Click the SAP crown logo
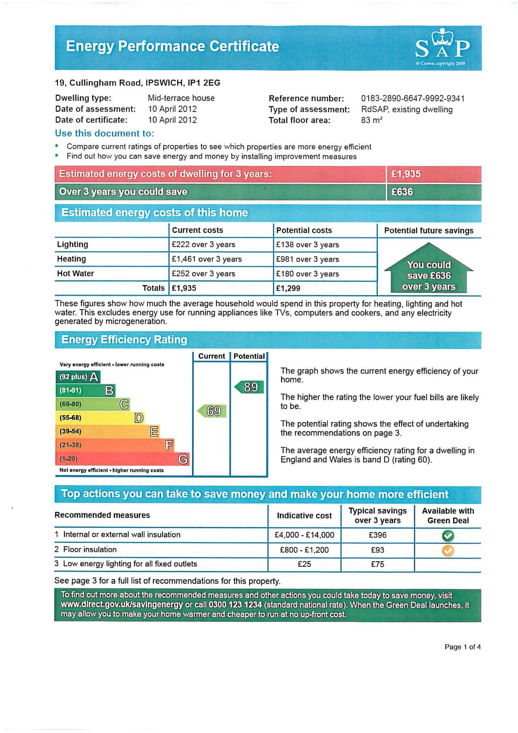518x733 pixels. point(442,45)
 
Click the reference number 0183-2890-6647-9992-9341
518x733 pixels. point(413,98)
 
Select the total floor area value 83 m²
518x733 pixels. point(371,120)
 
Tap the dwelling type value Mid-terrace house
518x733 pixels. point(181,98)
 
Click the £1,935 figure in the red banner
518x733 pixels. point(406,174)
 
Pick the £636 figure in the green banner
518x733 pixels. point(402,192)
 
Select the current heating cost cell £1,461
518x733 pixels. point(207,259)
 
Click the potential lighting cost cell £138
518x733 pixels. point(307,245)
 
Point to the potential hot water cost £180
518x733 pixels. point(307,274)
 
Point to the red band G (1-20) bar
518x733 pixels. point(122,459)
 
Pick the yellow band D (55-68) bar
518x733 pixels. point(100,418)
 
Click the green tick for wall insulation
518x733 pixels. point(448,536)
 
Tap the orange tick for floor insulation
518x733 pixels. point(448,550)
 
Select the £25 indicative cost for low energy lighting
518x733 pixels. point(304,564)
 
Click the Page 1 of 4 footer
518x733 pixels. point(463,647)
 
